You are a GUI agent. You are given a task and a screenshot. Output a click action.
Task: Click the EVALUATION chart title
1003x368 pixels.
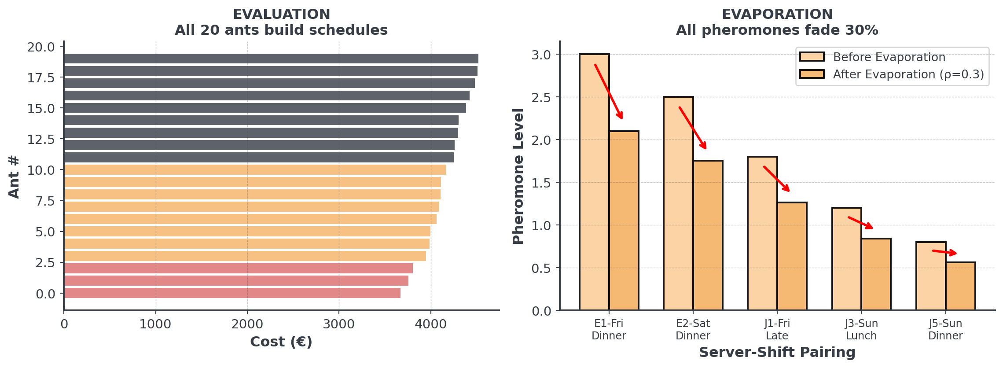click(x=281, y=15)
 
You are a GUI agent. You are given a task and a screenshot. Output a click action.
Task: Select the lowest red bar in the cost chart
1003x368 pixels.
click(x=232, y=293)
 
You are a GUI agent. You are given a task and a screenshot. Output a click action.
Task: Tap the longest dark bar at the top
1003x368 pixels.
click(x=271, y=59)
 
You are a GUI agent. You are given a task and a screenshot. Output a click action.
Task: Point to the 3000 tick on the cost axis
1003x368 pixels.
click(x=339, y=324)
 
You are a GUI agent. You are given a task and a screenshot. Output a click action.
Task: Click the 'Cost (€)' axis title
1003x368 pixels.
click(x=281, y=342)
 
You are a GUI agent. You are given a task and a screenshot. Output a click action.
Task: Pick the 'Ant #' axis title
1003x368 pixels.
click(x=14, y=177)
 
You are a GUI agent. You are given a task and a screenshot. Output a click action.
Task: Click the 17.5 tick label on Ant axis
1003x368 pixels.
click(x=41, y=78)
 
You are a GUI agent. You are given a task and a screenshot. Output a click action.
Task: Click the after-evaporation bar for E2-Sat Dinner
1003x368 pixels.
click(x=708, y=236)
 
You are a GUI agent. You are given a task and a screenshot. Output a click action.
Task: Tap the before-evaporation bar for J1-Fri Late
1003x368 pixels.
click(x=762, y=233)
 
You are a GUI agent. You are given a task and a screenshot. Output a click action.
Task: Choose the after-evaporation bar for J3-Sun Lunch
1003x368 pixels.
click(x=876, y=274)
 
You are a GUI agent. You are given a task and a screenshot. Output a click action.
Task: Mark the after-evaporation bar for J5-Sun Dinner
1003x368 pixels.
click(x=960, y=286)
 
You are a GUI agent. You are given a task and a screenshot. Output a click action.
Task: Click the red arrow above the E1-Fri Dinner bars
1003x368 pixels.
click(x=609, y=92)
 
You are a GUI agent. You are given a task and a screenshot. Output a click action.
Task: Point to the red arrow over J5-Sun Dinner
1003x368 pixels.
click(x=944, y=252)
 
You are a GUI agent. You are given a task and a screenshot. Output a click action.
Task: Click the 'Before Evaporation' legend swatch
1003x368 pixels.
click(x=812, y=57)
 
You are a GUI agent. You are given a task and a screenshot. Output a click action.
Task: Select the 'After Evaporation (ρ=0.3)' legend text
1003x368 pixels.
click(x=908, y=74)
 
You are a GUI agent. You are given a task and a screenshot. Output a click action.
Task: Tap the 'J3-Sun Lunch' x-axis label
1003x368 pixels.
click(x=861, y=329)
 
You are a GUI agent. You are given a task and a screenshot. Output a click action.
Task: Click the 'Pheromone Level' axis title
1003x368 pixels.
click(x=518, y=176)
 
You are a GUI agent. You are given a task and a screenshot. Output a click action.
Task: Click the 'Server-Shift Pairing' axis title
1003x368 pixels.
click(x=777, y=353)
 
